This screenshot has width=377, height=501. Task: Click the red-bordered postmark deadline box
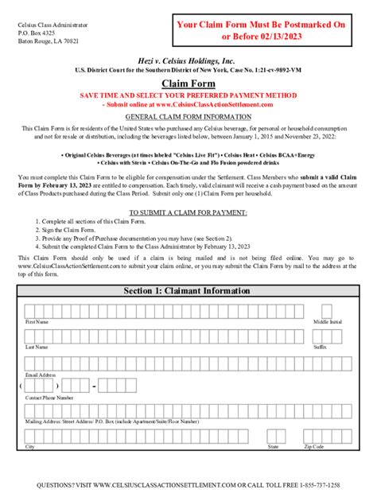pos(260,31)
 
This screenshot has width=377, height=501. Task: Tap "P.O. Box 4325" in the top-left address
pos(39,29)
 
